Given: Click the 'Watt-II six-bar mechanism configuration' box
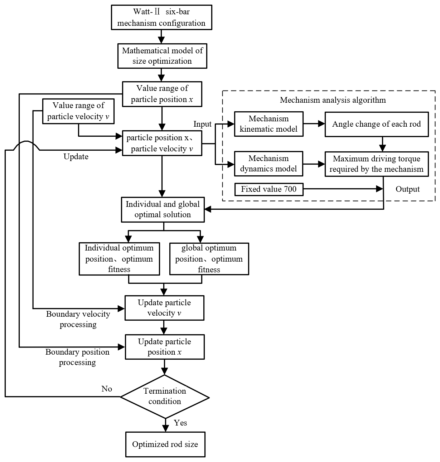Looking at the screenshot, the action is [161, 18].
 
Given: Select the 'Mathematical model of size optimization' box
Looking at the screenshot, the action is [162, 56].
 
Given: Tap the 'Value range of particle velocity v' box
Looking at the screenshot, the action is [78, 111].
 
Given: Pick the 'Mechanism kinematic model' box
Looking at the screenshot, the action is [269, 124].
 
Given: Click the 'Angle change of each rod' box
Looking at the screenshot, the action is [377, 124].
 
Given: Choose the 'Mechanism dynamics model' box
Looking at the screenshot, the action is [268, 164].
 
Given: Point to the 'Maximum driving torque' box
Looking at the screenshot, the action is [377, 164].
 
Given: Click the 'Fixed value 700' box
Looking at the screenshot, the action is [269, 189].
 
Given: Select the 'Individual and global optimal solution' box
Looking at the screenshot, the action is [163, 210].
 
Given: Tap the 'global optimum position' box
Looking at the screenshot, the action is [209, 259].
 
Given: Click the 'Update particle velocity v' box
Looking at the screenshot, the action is [164, 308].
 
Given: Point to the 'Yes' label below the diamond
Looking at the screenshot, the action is [180, 423].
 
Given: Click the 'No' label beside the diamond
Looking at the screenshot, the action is [107, 389].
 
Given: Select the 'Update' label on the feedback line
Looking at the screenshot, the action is [76, 156].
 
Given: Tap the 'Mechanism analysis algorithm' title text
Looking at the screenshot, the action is [333, 100].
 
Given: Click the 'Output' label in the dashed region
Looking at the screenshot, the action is [407, 189].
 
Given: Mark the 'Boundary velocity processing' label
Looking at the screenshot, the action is [78, 319].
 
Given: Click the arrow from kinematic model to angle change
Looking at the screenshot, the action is [314, 123].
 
